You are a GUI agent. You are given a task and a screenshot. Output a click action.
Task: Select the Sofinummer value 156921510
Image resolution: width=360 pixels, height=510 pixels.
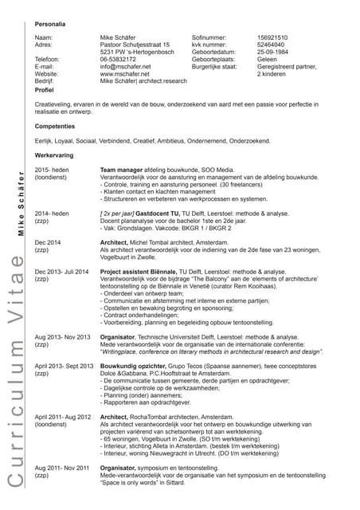(272, 37)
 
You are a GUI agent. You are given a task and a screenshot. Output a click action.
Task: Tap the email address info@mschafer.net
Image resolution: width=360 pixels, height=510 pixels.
(124, 67)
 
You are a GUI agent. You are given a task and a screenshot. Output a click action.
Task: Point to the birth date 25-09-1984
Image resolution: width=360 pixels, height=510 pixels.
(275, 53)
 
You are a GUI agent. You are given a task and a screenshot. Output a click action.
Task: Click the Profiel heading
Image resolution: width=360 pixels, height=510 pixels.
(45, 91)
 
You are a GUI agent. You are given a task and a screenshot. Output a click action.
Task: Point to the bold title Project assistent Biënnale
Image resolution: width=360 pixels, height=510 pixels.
(142, 271)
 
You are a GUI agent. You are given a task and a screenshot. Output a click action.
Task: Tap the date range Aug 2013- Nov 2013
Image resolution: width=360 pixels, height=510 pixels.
(64, 337)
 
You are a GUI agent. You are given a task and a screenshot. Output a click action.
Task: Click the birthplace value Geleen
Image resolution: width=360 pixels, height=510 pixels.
(268, 60)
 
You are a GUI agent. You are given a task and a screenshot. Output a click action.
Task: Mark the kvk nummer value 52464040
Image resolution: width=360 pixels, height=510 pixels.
(272, 45)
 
